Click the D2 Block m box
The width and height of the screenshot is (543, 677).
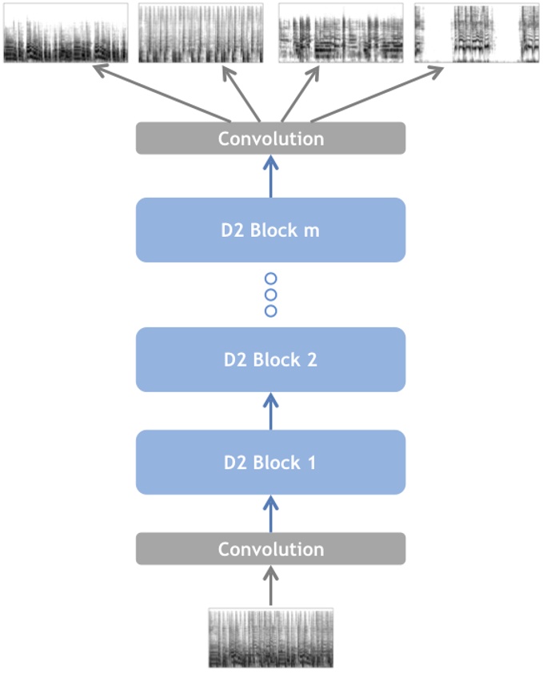270,230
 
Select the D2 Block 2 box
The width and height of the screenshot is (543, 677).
270,359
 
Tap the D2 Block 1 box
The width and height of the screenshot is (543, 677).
270,462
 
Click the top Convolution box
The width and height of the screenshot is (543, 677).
270,138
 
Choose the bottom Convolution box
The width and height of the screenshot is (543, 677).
270,549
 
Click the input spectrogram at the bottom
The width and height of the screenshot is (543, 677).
270,638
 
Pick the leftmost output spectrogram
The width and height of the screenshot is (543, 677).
66,33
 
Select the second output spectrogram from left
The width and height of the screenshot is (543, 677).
202,33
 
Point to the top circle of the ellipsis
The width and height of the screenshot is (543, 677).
270,278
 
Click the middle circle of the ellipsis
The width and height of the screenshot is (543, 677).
270,294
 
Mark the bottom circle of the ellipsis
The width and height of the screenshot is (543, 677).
270,310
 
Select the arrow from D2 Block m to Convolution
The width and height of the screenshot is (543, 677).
270,176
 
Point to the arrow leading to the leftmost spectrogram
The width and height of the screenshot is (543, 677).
160,94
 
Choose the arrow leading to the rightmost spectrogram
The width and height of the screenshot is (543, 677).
376,94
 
